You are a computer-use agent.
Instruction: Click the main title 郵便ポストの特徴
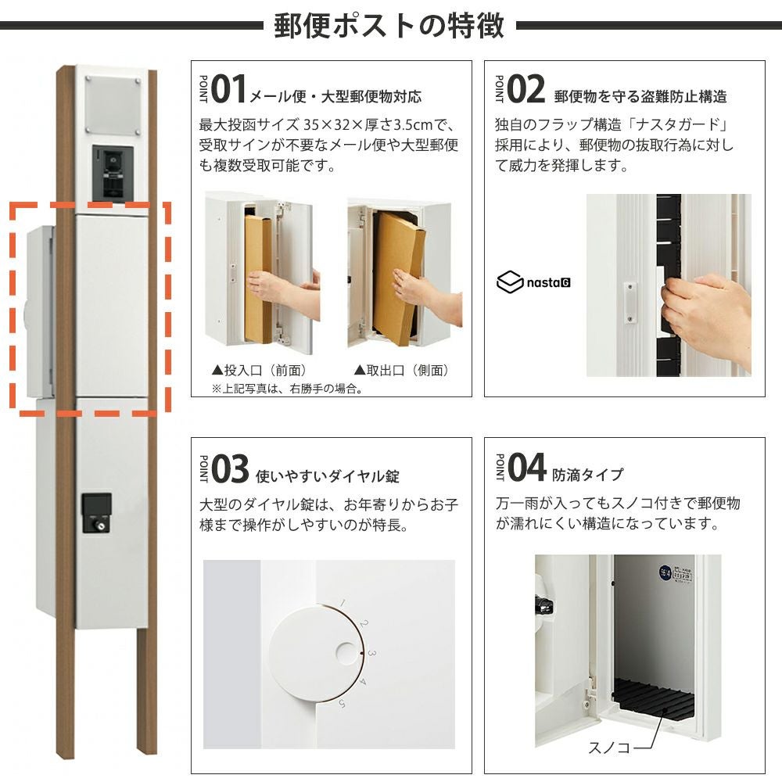coord(389,26)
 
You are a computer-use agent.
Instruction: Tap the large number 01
coord(229,89)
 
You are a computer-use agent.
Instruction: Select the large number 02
coord(526,89)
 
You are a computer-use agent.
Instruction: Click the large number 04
coord(526,468)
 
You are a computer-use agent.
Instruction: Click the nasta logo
coord(533,282)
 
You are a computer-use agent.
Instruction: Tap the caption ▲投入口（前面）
coord(260,370)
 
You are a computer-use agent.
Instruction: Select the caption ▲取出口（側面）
coord(401,370)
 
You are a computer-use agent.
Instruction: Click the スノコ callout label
coord(609,747)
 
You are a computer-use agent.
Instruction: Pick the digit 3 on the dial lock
coord(371,653)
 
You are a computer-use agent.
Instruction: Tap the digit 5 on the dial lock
coord(343,704)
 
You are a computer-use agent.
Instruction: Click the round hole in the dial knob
coord(347,653)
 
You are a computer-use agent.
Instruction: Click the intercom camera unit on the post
coord(113,174)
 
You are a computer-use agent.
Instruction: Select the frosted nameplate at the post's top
coord(113,106)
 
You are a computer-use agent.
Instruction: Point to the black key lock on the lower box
coord(96,513)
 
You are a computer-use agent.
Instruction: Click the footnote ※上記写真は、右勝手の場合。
coord(287,389)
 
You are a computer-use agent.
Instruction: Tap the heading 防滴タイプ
coord(587,475)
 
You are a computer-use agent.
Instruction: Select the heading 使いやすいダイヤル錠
coord(327,476)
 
